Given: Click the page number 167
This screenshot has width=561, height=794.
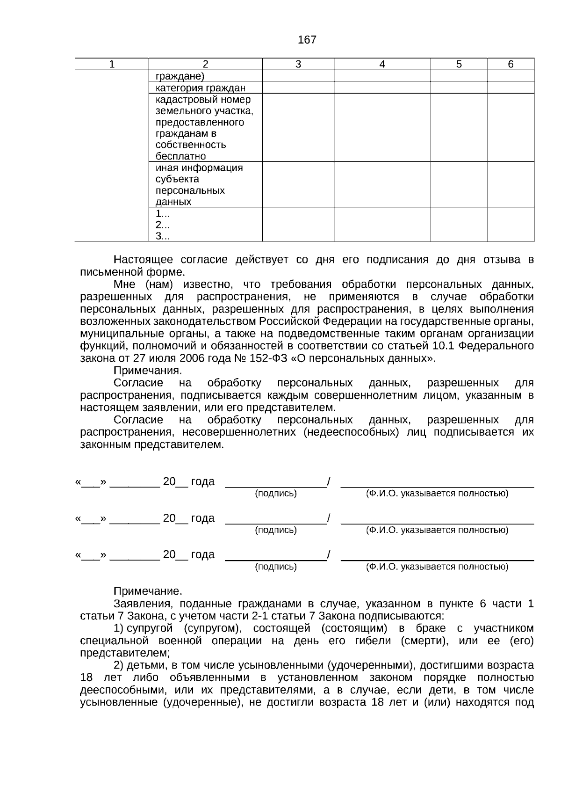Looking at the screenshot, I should [x=307, y=40].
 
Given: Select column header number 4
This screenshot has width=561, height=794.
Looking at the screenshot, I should [x=382, y=65].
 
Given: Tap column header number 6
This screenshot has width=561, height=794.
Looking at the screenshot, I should [x=511, y=65].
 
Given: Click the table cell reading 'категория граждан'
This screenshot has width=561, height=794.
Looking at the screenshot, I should [x=201, y=88].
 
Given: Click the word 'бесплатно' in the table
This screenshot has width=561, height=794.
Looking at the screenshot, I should [x=180, y=156].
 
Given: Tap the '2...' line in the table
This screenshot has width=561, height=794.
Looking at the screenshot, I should [x=162, y=225].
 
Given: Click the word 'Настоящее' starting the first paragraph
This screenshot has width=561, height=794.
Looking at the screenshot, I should [x=144, y=260].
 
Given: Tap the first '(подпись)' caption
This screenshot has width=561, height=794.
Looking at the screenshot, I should [x=276, y=493].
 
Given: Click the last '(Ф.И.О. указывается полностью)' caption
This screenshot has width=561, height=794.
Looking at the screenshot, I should [x=437, y=567].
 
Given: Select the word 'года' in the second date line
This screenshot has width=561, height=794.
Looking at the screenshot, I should [x=202, y=518].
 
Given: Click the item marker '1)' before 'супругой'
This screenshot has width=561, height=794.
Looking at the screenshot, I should [x=118, y=628].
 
